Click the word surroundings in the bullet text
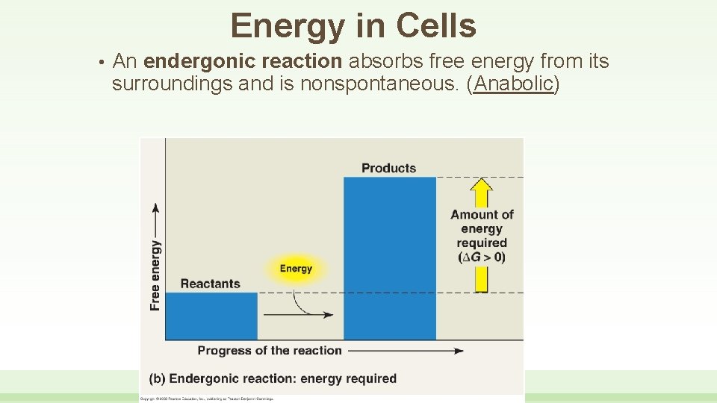(x=172, y=84)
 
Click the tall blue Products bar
(x=389, y=257)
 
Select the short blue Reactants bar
(x=211, y=315)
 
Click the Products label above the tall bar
(x=388, y=168)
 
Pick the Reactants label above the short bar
(x=211, y=284)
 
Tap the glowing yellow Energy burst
(x=296, y=269)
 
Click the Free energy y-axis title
(x=155, y=274)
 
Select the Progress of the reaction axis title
(x=270, y=350)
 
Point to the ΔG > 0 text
(x=482, y=257)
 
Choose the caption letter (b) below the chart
(x=157, y=378)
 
